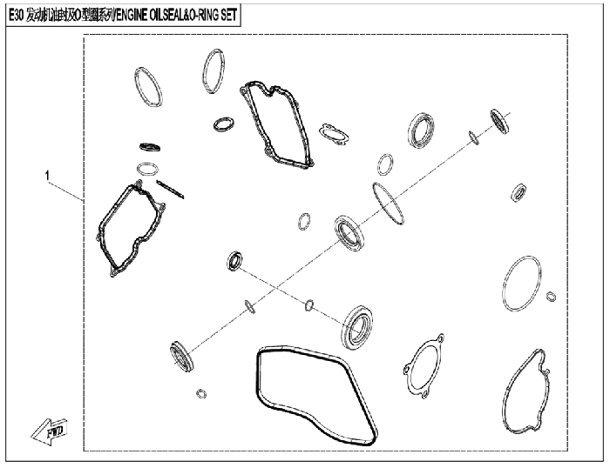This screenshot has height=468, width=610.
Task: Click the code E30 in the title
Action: pyautogui.click(x=16, y=15)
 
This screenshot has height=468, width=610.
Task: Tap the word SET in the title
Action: pyautogui.click(x=228, y=15)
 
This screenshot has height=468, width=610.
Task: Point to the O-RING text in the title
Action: pyautogui.click(x=203, y=15)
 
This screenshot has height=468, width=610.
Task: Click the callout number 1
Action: pyautogui.click(x=47, y=176)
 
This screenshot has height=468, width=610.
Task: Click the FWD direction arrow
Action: pyautogui.click(x=50, y=431)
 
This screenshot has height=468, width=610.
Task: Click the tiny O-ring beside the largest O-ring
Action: pyautogui.click(x=551, y=297)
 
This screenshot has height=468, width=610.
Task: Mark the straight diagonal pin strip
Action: pyautogui.click(x=170, y=189)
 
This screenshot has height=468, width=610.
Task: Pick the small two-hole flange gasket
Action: pyautogui.click(x=334, y=134)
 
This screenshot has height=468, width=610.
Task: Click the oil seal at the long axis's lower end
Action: pyautogui.click(x=181, y=356)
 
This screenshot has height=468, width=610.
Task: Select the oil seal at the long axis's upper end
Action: pyautogui.click(x=499, y=121)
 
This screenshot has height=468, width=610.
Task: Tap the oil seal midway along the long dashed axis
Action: pyautogui.click(x=349, y=233)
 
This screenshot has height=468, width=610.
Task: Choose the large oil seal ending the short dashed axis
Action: pyautogui.click(x=357, y=327)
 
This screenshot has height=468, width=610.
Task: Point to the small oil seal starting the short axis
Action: pyautogui.click(x=234, y=261)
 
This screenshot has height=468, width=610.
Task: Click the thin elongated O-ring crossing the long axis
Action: pyautogui.click(x=388, y=204)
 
